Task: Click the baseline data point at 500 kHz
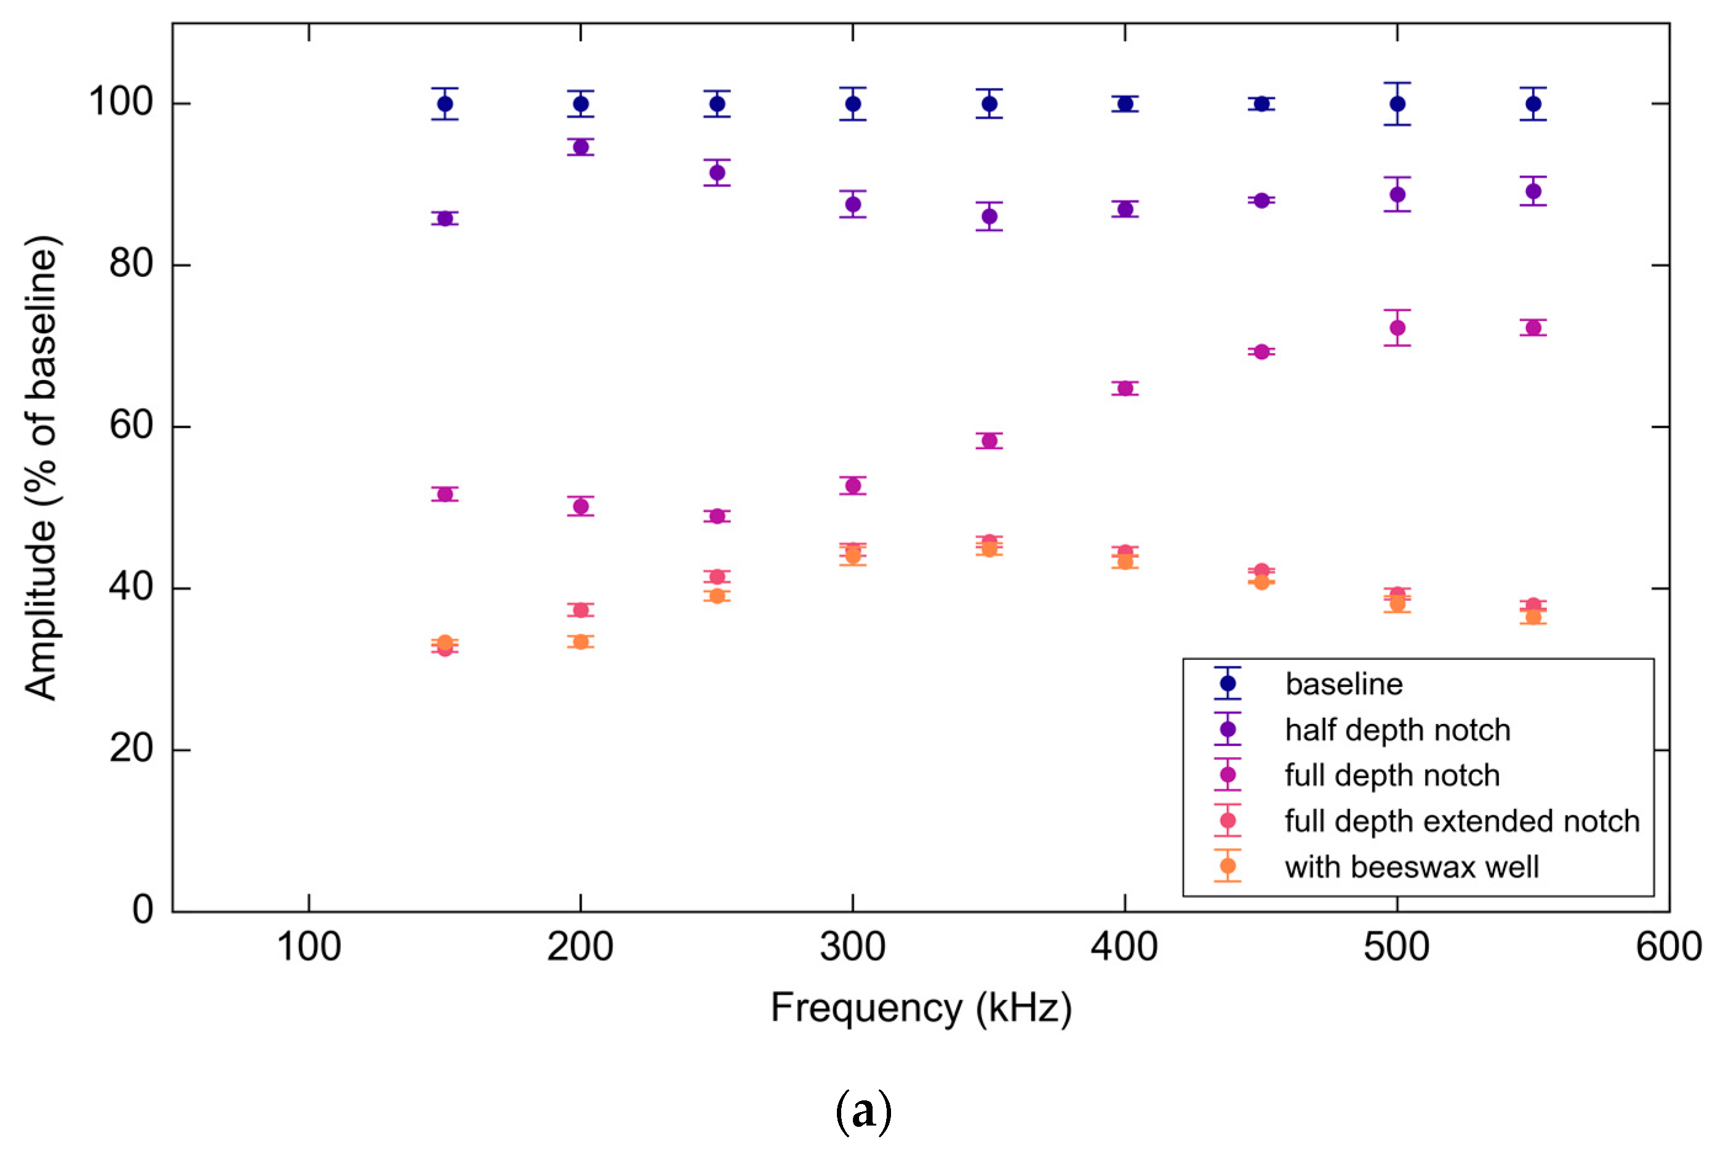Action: (1397, 104)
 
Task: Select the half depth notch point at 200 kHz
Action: (580, 148)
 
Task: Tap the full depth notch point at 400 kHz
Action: (1125, 388)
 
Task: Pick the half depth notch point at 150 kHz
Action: (445, 218)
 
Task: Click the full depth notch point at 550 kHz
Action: (1532, 328)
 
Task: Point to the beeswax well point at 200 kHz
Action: (580, 642)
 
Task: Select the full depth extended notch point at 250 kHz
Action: (717, 576)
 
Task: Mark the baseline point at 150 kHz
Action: (445, 104)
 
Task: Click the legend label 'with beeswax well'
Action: (1411, 867)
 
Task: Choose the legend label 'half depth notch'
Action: (1397, 730)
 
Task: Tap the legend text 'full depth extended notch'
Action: (1461, 821)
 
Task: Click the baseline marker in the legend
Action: (1227, 683)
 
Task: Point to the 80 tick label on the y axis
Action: (130, 264)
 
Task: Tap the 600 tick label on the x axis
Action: (1668, 947)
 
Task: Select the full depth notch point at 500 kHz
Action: (1397, 328)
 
